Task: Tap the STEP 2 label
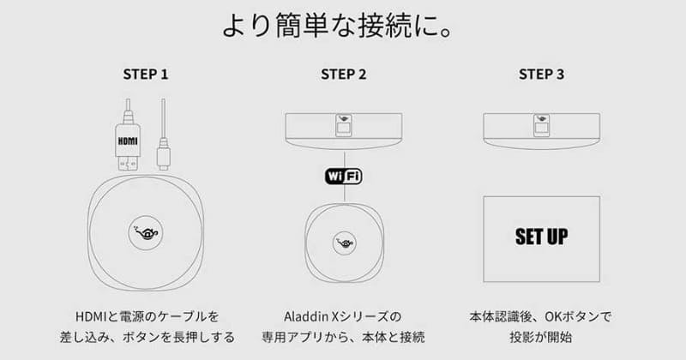tap(343, 75)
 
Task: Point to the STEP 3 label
tap(541, 75)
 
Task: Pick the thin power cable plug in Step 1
tap(164, 155)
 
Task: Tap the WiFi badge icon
tap(343, 176)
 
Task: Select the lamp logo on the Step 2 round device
tap(343, 242)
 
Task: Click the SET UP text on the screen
tap(542, 235)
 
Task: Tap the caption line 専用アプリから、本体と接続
tap(343, 337)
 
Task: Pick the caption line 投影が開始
tap(542, 337)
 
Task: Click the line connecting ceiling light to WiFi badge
tap(343, 156)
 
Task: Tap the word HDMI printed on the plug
tap(128, 137)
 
